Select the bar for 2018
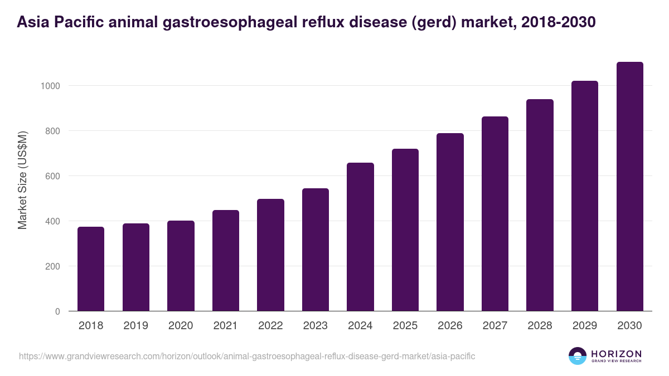tap(91, 269)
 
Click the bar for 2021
tap(226, 261)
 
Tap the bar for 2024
tap(360, 237)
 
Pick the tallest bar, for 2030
tap(629, 187)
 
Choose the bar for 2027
tap(495, 214)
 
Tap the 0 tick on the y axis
tap(57, 311)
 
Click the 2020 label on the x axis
tap(181, 326)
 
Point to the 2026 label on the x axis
tap(450, 326)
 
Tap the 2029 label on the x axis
tap(585, 326)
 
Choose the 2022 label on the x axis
tap(270, 326)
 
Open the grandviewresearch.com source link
tap(247, 356)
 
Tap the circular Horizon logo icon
tap(578, 356)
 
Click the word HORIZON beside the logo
tap(616, 353)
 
